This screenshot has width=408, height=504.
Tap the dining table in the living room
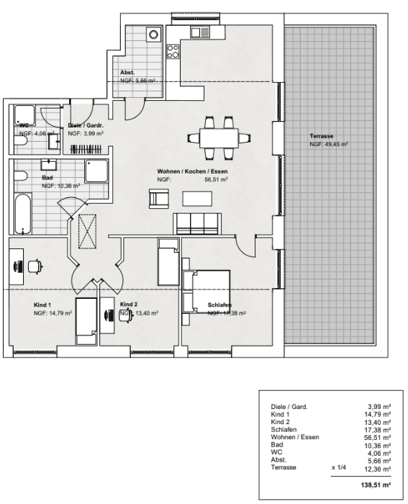coord(219,138)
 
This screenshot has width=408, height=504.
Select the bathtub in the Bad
coord(24,214)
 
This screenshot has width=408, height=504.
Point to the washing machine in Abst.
coord(153,34)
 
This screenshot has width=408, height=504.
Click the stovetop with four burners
coord(173,51)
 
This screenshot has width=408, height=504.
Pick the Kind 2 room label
coord(129,305)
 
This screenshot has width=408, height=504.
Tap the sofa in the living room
coord(196,222)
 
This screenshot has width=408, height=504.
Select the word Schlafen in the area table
coord(284,429)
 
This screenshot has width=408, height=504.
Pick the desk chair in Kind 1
coord(35,265)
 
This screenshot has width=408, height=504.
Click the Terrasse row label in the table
coord(284,468)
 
